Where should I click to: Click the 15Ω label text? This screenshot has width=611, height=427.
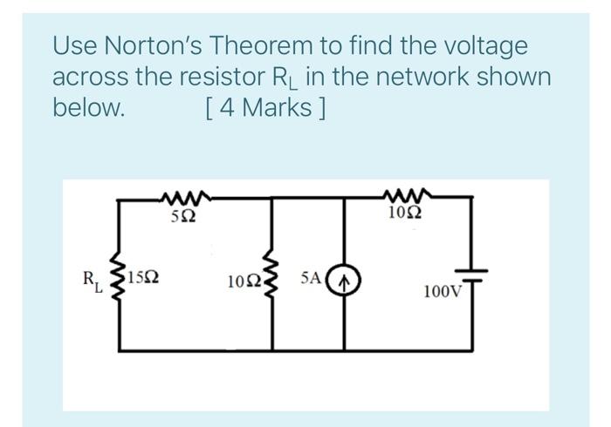coord(143,279)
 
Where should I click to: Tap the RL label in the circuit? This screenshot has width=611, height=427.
coord(92,281)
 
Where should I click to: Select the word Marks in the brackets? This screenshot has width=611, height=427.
coord(274,109)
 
